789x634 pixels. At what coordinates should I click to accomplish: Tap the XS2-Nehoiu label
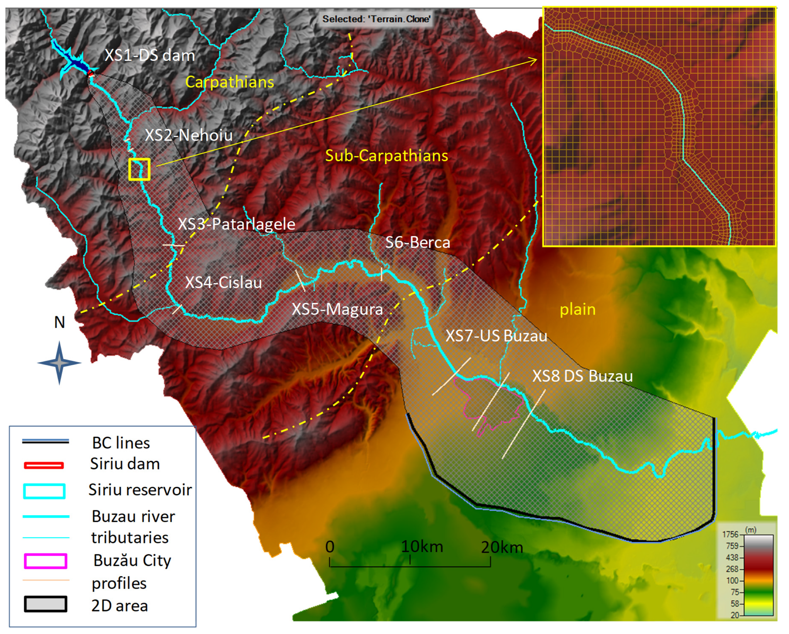pyautogui.click(x=189, y=135)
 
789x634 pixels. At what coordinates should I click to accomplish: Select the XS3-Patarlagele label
pyautogui.click(x=237, y=224)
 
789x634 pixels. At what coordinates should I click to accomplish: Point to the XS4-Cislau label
pyautogui.click(x=223, y=282)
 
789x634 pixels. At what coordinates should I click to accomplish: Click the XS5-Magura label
pyautogui.click(x=337, y=309)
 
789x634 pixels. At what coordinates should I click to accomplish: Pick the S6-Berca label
pyautogui.click(x=418, y=243)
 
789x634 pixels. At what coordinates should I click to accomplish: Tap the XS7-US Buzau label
pyautogui.click(x=496, y=336)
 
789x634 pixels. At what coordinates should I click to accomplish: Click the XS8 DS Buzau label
pyautogui.click(x=582, y=376)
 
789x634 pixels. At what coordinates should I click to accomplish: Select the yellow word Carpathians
pyautogui.click(x=229, y=82)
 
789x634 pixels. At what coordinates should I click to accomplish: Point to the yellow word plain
pyautogui.click(x=578, y=309)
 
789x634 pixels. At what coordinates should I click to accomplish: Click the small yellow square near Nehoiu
pyautogui.click(x=139, y=169)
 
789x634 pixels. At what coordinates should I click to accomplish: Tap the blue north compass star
pyautogui.click(x=60, y=363)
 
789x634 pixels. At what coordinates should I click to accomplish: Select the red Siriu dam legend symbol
pyautogui.click(x=44, y=465)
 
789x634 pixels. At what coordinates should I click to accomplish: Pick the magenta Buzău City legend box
pyautogui.click(x=45, y=561)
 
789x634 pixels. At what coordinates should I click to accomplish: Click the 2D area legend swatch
pyautogui.click(x=45, y=604)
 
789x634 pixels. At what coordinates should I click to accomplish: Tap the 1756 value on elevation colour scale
pyautogui.click(x=730, y=534)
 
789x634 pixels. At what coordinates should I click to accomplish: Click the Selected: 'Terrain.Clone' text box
pyautogui.click(x=376, y=19)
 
